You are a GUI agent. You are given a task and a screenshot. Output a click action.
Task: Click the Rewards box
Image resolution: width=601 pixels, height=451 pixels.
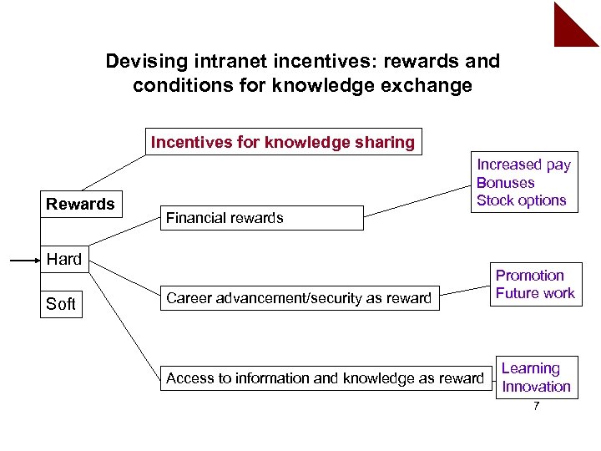point(80,204)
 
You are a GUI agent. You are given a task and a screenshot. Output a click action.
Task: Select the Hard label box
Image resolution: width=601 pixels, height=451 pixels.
point(64,259)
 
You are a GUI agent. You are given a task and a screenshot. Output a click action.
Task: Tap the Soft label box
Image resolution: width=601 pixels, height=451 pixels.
point(61,304)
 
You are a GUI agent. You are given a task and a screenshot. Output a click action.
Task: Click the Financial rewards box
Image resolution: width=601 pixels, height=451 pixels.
point(261,218)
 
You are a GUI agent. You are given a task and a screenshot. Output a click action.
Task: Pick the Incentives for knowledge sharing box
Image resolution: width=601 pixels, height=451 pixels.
point(282,142)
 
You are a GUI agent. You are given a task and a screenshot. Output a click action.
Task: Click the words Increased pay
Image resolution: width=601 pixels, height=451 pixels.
point(523,165)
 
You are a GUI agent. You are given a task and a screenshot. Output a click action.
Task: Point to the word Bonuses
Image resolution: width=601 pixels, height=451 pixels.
point(505,183)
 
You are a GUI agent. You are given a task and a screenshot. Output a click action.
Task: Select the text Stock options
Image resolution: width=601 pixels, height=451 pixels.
point(521,200)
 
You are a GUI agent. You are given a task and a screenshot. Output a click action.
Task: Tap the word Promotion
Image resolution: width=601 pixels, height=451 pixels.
point(530,276)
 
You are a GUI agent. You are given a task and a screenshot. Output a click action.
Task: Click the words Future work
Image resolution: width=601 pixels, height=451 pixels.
point(535,293)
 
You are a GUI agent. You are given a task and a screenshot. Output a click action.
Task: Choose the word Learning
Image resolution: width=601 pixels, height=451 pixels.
point(530,368)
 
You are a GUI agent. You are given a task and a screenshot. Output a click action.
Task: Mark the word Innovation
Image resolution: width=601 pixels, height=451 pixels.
point(536,387)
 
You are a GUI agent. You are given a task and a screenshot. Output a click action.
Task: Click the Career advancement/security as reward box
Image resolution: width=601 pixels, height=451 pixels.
point(299,298)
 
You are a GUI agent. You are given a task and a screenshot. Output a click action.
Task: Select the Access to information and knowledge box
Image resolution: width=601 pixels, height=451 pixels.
point(325,378)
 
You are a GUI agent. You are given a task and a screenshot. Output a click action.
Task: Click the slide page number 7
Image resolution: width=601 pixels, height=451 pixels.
point(537,407)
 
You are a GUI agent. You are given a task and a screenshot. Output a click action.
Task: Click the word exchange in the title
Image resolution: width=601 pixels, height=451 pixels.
point(431,85)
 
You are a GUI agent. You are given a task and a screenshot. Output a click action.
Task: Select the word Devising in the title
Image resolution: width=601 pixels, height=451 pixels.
point(138,62)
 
